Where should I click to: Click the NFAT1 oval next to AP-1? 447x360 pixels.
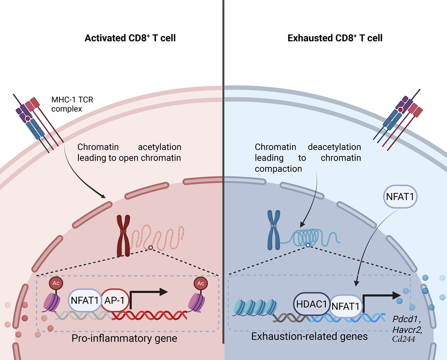(84, 300)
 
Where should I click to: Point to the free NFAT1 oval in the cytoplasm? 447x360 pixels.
(400, 196)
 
